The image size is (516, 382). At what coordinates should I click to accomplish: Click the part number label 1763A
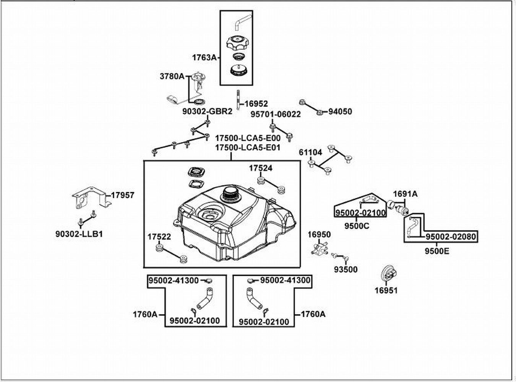pos(204,58)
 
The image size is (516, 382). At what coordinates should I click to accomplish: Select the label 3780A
pos(172,76)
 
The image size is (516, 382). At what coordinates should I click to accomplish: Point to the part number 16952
pos(256,104)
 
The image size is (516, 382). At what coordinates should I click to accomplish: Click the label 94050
pos(340,112)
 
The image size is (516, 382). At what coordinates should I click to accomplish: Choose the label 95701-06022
pos(275,114)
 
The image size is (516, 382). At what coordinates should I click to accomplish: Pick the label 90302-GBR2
pos(207,112)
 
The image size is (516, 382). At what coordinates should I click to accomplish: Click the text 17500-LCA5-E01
pos(248,147)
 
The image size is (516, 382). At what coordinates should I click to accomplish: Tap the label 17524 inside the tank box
pos(261,168)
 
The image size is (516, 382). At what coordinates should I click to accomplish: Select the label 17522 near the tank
pos(159,237)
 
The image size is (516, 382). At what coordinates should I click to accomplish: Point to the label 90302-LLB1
pos(79,234)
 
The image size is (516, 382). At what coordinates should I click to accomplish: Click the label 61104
pos(310,152)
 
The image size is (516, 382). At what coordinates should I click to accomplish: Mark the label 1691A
pos(405,194)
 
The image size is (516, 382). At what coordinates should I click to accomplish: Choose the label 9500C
pos(357,226)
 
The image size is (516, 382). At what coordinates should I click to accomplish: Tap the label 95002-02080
pos(451,237)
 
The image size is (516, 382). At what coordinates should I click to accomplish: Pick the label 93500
pos(346,269)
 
